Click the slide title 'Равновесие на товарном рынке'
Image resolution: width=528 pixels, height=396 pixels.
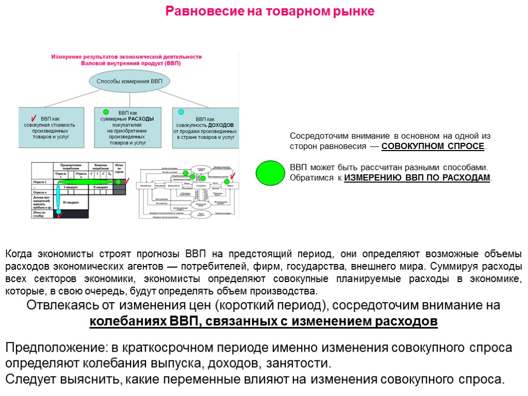point(270,11)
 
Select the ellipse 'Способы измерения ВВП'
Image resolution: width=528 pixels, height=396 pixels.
point(129,81)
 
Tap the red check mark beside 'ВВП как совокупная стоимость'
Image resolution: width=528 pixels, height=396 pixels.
point(34,118)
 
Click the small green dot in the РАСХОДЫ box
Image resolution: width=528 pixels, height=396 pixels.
point(106,111)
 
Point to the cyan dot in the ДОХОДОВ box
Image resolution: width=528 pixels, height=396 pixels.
point(181,111)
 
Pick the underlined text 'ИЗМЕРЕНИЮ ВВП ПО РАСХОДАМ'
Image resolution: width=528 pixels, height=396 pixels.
point(417,177)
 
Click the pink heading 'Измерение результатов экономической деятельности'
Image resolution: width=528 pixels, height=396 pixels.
point(126,57)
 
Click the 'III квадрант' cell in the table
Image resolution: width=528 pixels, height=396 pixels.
point(72,202)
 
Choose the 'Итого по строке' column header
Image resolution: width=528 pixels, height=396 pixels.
point(120,168)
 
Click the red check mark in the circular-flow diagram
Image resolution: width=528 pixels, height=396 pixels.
point(233,176)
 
